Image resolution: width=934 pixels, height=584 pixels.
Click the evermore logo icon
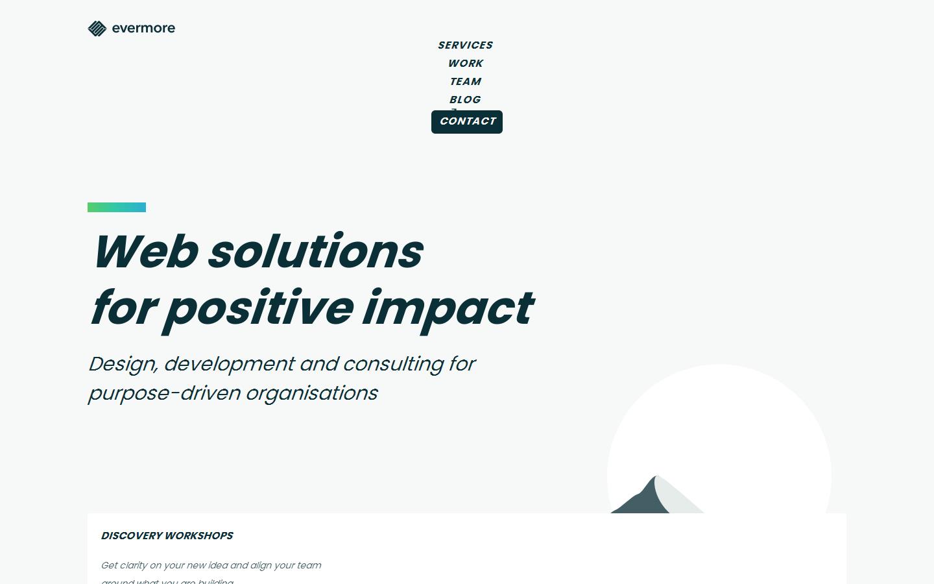(x=97, y=29)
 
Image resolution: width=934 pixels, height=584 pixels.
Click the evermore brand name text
(x=143, y=28)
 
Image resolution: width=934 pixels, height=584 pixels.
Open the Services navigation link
(x=465, y=45)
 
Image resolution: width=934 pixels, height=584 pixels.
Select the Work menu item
(x=465, y=64)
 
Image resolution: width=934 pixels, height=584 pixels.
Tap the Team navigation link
(x=465, y=82)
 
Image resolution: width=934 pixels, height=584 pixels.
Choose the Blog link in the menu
(x=465, y=100)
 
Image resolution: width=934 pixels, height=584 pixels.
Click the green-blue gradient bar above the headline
(x=117, y=207)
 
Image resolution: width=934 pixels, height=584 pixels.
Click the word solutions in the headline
(x=315, y=251)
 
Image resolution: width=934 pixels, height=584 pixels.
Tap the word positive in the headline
(x=259, y=308)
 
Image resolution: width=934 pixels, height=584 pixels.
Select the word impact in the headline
(x=448, y=308)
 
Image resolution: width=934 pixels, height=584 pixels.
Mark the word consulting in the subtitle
(x=393, y=364)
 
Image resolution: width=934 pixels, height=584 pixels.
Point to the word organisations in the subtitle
(x=312, y=393)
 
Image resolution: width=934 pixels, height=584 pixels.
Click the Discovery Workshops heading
(x=167, y=536)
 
